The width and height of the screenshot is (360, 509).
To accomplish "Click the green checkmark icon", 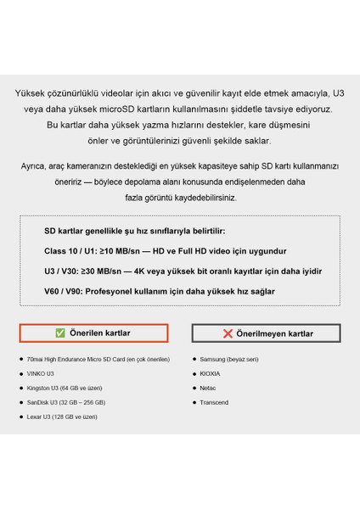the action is [x=60, y=333].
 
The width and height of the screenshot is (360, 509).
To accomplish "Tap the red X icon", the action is [x=228, y=333].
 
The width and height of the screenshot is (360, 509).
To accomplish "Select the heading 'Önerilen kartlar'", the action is [x=99, y=333].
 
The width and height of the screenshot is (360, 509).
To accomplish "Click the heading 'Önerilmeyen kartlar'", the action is [x=274, y=333].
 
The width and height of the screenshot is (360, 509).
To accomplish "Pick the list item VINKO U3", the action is [x=40, y=373].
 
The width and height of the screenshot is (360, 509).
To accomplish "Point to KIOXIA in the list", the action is [x=211, y=373].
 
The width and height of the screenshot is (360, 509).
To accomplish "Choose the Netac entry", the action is [x=209, y=388].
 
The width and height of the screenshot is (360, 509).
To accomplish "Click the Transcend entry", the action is [x=215, y=402].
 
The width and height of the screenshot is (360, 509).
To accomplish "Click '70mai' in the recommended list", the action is [x=37, y=359].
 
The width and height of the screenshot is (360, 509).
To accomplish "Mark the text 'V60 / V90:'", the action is [x=65, y=291].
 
